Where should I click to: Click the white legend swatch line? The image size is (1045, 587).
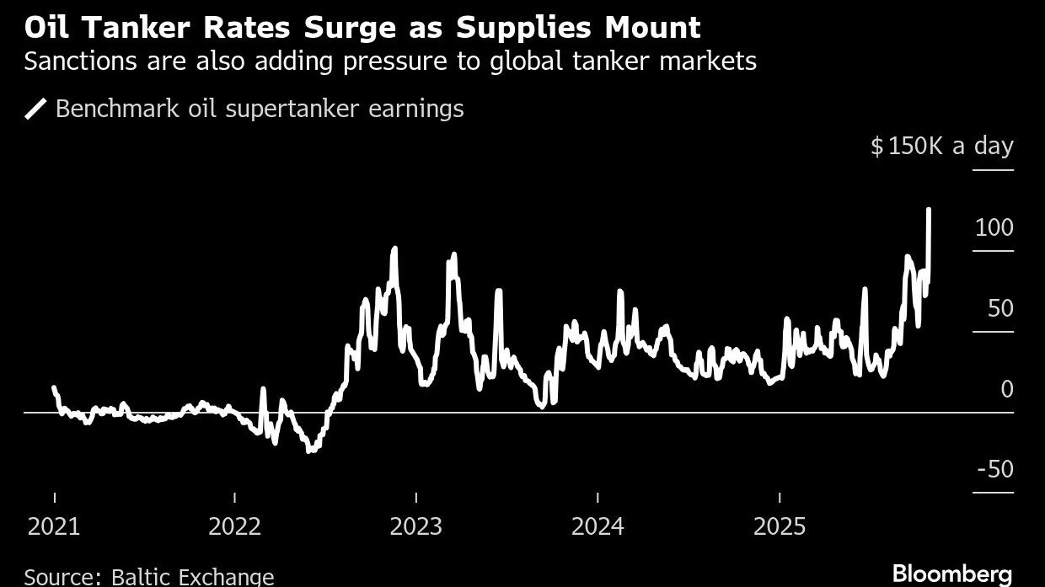[x=35, y=109]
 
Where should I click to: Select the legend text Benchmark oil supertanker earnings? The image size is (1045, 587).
[x=260, y=109]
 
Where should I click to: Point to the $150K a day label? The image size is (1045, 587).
[x=941, y=146]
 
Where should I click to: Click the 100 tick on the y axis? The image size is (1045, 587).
[x=994, y=227]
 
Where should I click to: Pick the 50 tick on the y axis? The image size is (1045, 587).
[x=1000, y=308]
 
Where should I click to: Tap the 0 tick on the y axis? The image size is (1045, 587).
[x=1006, y=389]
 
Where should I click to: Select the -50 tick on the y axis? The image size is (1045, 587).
[x=994, y=469]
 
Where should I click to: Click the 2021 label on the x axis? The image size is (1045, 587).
[x=54, y=527]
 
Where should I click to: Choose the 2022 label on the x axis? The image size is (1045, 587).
[x=235, y=527]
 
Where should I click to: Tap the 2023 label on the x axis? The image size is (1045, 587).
[x=416, y=527]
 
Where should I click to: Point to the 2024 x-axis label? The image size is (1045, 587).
[x=598, y=527]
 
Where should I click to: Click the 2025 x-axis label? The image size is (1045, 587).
[x=780, y=527]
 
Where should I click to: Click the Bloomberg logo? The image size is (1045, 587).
[x=951, y=574]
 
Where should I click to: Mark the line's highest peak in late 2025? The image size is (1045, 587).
[x=929, y=209]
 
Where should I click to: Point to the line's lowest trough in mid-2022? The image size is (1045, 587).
[x=310, y=451]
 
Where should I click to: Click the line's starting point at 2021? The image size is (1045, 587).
[x=54, y=388]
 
